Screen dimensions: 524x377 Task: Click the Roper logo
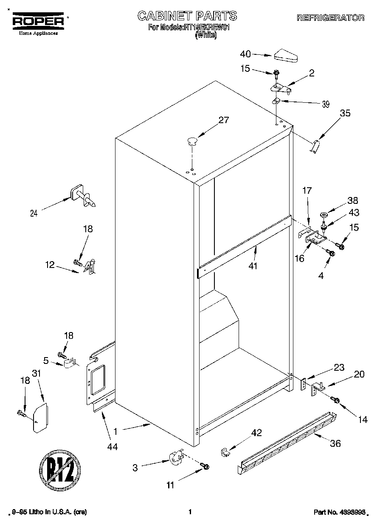38,21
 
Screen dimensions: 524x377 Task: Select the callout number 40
245,54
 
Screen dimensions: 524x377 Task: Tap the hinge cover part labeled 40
287,55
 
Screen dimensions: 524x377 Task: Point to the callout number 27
223,120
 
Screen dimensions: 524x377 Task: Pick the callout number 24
34,214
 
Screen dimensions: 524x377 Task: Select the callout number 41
254,266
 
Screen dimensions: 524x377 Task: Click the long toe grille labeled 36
287,442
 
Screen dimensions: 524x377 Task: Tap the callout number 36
335,443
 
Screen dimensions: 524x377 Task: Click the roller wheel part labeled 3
175,458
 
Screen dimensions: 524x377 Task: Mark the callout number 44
113,446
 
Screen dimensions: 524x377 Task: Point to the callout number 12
50,265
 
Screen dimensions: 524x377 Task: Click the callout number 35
345,113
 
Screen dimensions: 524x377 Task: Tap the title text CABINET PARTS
187,16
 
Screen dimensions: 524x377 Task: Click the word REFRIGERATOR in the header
330,18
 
